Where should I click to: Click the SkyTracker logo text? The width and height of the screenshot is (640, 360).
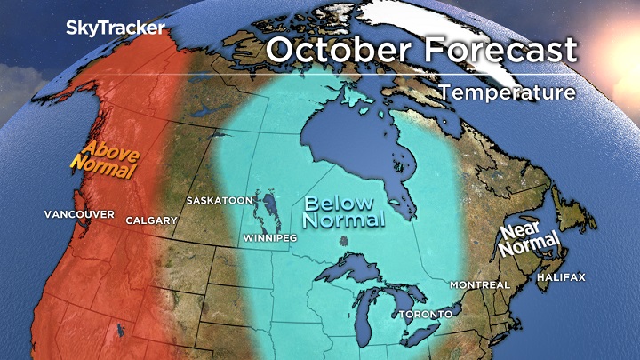116,28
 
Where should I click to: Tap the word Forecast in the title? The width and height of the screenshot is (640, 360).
498,50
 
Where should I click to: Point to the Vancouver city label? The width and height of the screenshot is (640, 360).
79,215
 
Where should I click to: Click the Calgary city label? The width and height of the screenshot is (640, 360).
146,220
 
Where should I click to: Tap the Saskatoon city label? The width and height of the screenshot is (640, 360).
219,201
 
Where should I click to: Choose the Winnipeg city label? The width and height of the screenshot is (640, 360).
269,239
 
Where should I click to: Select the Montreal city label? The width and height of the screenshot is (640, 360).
480,284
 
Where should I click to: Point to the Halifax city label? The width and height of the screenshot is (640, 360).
561,277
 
